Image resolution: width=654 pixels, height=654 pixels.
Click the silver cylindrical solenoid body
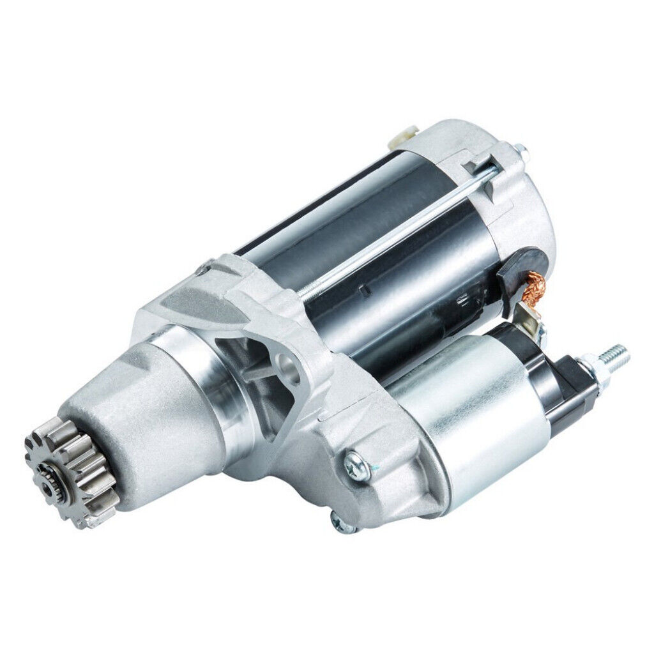click(473, 409)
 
